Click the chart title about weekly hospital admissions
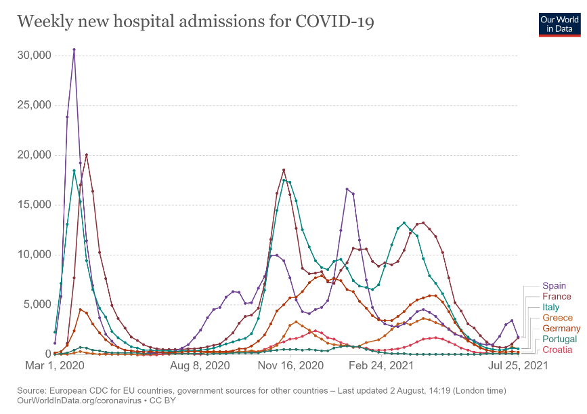pos(196,22)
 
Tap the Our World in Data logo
pos(560,24)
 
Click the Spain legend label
pos(554,286)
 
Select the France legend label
pos(557,296)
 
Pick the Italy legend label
pos(550,307)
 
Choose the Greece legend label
pos(557,318)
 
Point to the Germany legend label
pos(561,329)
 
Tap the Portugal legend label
pos(559,339)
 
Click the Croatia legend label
pos(557,350)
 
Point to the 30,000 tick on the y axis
pos(33,55)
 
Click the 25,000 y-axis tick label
pos(33,105)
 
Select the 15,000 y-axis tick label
pos(33,205)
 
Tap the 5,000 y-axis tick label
pos(36,304)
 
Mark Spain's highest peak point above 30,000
pos(74,49)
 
